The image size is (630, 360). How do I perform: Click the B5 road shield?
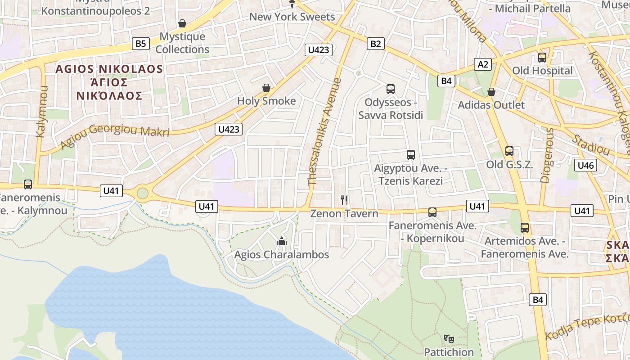(x=141, y=44)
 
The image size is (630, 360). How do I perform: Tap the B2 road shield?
(x=376, y=44)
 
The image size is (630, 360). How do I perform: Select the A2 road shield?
(x=483, y=64)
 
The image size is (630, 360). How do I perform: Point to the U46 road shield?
(x=585, y=165)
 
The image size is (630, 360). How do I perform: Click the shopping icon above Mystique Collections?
(x=182, y=23)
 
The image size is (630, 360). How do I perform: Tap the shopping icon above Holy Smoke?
(x=266, y=88)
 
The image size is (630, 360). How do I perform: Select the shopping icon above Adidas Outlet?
(x=491, y=92)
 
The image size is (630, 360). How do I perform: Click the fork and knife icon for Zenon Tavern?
(x=344, y=200)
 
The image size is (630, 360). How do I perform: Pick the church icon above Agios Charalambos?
(x=282, y=242)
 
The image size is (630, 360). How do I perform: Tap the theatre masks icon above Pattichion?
(x=448, y=338)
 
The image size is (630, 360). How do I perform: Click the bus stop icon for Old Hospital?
(x=542, y=58)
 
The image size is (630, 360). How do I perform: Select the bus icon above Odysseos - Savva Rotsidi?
(x=390, y=89)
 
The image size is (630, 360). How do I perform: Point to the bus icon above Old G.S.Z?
(x=509, y=151)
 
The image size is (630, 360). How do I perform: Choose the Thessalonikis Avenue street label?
(x=324, y=132)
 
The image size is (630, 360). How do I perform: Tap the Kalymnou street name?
(x=41, y=112)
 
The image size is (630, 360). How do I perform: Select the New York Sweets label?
(x=292, y=17)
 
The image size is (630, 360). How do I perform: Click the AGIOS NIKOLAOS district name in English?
(x=109, y=69)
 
